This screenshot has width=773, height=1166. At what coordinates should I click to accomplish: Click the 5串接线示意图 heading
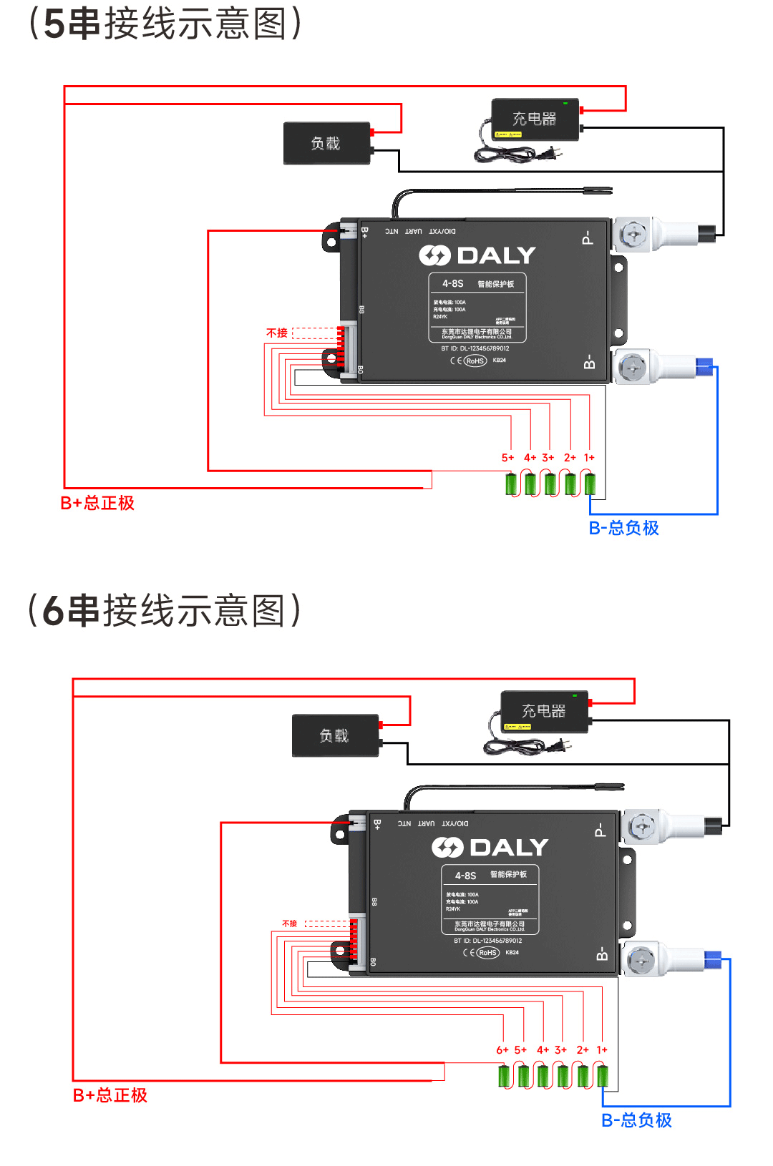tap(165, 24)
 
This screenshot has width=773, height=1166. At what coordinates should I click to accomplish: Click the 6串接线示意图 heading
tap(164, 611)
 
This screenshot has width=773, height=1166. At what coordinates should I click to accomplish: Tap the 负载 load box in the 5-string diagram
tap(326, 143)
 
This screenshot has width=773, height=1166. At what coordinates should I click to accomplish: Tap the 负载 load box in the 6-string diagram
tap(335, 735)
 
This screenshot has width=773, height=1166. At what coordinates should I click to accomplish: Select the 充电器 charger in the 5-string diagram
tap(535, 119)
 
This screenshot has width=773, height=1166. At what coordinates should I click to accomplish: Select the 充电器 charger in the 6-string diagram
tap(544, 711)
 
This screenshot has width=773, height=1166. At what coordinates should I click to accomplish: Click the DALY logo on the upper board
tap(477, 255)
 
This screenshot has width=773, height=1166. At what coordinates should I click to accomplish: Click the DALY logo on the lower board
tap(490, 848)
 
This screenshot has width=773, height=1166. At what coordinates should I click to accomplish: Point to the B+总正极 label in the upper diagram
tap(97, 503)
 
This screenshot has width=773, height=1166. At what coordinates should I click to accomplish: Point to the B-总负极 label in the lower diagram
tap(636, 1120)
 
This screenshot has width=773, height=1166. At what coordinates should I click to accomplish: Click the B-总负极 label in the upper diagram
tap(623, 528)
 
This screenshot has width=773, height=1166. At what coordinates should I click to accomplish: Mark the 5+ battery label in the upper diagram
tap(507, 458)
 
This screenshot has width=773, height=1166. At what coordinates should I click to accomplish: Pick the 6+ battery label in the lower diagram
tap(502, 1050)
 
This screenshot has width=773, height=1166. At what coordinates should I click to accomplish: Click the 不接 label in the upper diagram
tap(277, 333)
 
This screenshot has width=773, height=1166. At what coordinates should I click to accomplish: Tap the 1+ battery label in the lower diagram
tap(602, 1050)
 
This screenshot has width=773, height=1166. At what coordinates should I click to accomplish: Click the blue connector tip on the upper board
tap(704, 368)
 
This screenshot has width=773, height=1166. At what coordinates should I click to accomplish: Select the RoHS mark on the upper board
tap(475, 361)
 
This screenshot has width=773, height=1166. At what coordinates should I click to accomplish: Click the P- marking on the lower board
tap(600, 830)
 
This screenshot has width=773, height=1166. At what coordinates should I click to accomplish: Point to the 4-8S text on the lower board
tap(465, 876)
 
